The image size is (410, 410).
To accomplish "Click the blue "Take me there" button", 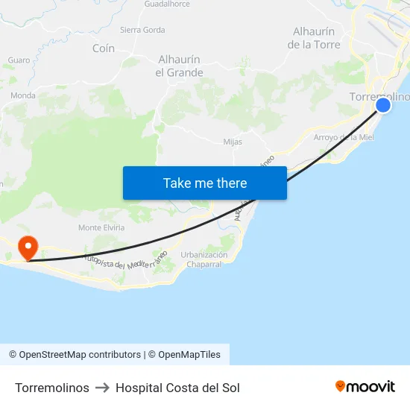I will pyautogui.click(x=205, y=183).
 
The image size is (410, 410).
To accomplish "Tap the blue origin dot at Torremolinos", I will pyautogui.click(x=383, y=105).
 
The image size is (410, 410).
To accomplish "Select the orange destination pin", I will pyautogui.click(x=28, y=247).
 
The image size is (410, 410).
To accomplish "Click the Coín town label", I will pyautogui.click(x=104, y=48).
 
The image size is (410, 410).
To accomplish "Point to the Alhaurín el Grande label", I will pyautogui.click(x=179, y=66).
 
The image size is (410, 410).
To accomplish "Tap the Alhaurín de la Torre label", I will pyautogui.click(x=314, y=38).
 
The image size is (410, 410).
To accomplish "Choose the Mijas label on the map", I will pyautogui.click(x=233, y=142).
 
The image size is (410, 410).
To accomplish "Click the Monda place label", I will pyautogui.click(x=23, y=95).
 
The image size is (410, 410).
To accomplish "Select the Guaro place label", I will pyautogui.click(x=19, y=60).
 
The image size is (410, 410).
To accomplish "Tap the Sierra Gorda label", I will pyautogui.click(x=142, y=31).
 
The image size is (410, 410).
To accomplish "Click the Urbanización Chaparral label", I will pyautogui.click(x=204, y=259).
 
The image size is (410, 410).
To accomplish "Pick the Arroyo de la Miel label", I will pyautogui.click(x=344, y=137).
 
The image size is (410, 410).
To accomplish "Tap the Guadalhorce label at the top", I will pyautogui.click(x=167, y=4).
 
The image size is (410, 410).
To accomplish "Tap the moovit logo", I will pyautogui.click(x=365, y=387).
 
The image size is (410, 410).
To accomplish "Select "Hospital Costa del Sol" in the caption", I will pyautogui.click(x=177, y=388).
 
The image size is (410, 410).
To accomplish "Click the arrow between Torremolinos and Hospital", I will pyautogui.click(x=102, y=388).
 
